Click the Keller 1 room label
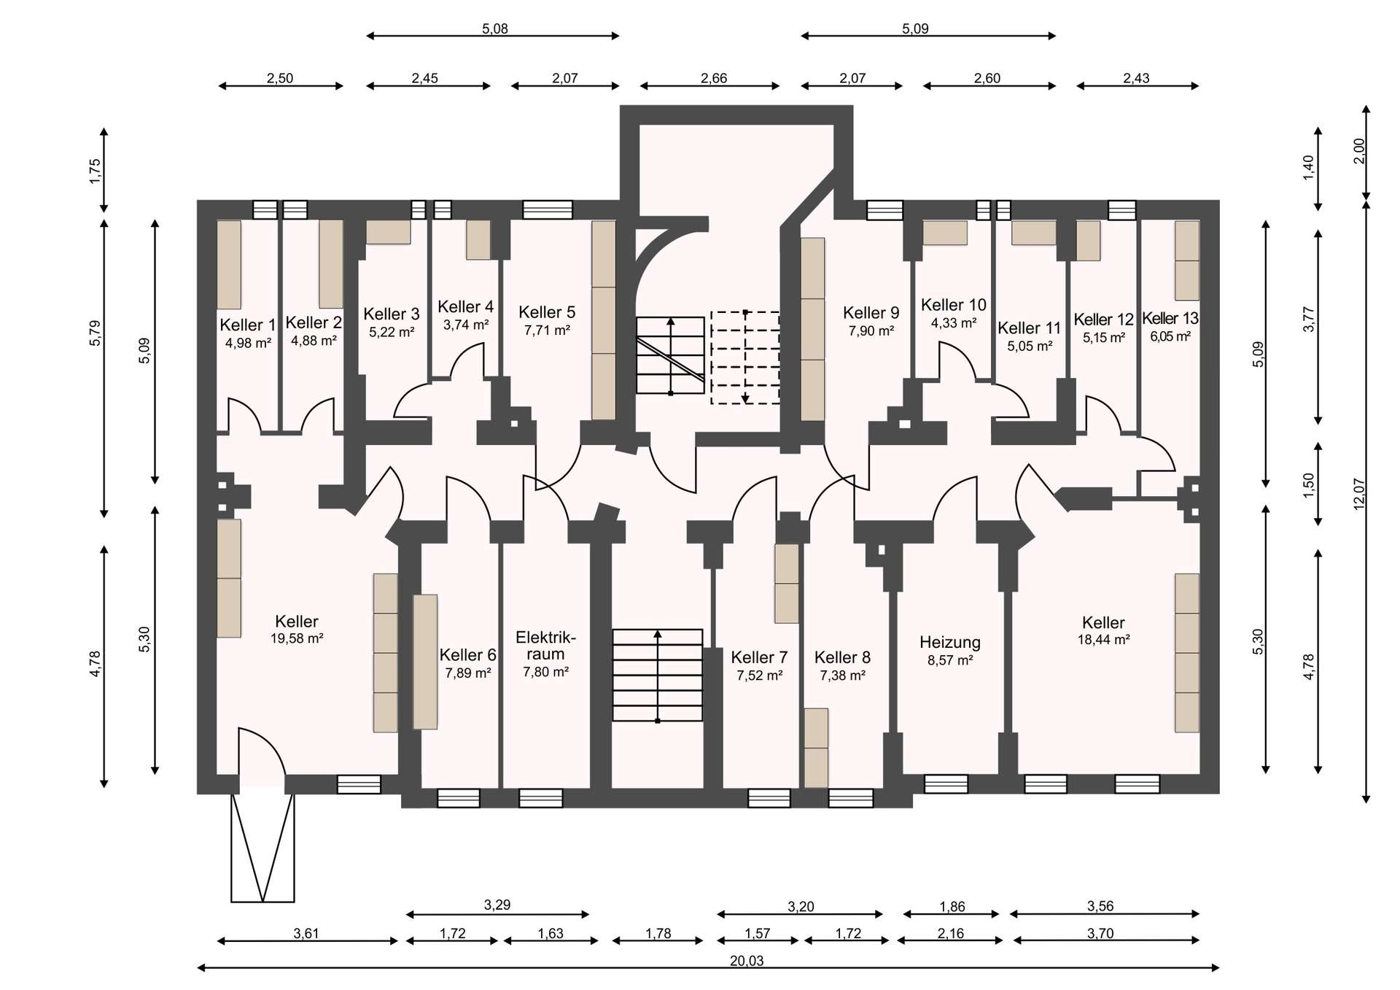pyautogui.click(x=248, y=325)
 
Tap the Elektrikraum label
pyautogui.click(x=545, y=646)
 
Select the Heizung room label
pyautogui.click(x=949, y=643)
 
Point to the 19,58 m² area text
pyautogui.click(x=297, y=638)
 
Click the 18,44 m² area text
pyautogui.click(x=1103, y=640)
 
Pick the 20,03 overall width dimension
pyautogui.click(x=747, y=961)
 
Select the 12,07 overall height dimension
pyautogui.click(x=1358, y=494)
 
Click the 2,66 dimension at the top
pyautogui.click(x=714, y=78)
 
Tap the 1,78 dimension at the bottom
pyautogui.click(x=658, y=933)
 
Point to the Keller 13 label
pyautogui.click(x=1170, y=318)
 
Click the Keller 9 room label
pyautogui.click(x=871, y=313)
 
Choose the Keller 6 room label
pyautogui.click(x=467, y=655)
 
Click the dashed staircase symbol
pyautogui.click(x=745, y=357)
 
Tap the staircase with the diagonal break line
pyautogui.click(x=670, y=355)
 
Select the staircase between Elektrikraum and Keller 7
pyautogui.click(x=658, y=676)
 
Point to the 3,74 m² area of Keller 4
pyautogui.click(x=466, y=325)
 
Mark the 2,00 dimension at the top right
pyautogui.click(x=1358, y=151)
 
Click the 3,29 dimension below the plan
pyautogui.click(x=497, y=905)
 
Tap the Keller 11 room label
pyautogui.click(x=1029, y=328)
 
